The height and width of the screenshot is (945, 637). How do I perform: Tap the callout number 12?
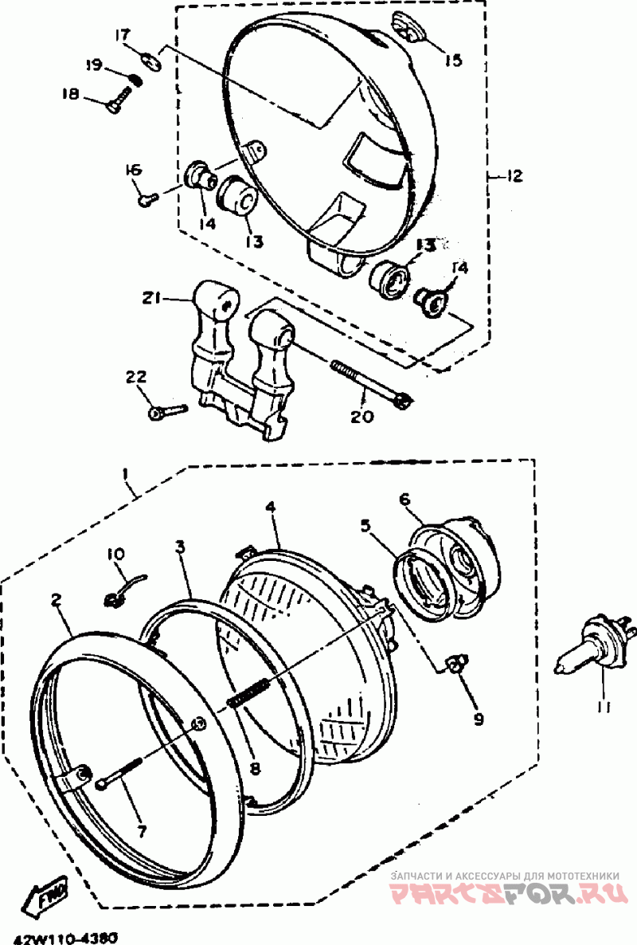click(x=513, y=176)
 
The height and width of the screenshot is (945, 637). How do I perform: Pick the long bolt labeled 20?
click(x=367, y=382)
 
